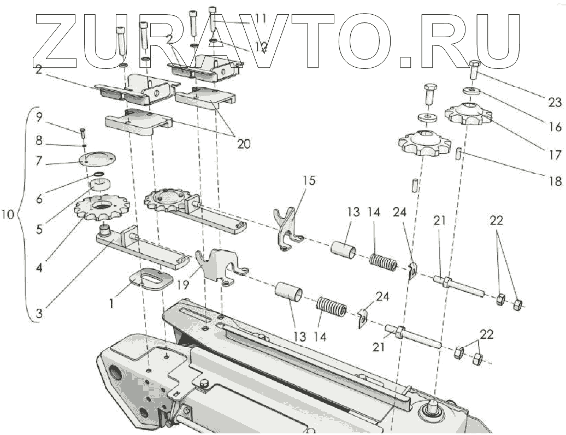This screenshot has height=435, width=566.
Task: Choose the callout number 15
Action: pos(310,180)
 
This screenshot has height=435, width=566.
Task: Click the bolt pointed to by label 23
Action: pos(474,71)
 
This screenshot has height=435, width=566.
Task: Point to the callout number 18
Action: pos(555,181)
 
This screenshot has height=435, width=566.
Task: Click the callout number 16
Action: pos(555,127)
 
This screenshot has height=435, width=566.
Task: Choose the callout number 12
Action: pos(260,48)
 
